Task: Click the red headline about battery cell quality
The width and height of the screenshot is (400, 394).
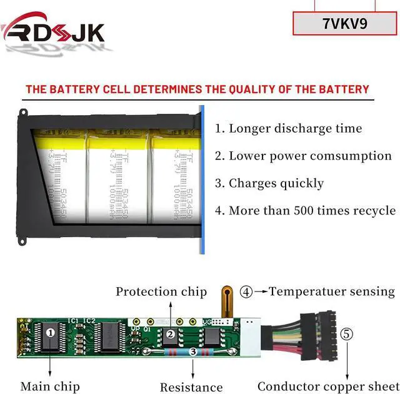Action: point(197,89)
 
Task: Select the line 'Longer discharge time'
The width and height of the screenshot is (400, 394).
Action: point(289,129)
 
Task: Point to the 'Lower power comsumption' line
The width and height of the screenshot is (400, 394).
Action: point(304,156)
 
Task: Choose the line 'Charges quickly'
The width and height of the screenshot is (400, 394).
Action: point(269,183)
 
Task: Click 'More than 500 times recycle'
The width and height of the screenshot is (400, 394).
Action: point(306,211)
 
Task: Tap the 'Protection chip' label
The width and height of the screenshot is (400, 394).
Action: point(161,291)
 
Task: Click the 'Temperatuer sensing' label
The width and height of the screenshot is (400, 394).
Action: point(332,291)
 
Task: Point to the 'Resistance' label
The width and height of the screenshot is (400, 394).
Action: point(191,388)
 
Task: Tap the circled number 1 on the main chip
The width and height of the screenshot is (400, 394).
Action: point(50,332)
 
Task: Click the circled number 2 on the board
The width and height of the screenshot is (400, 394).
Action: point(171,335)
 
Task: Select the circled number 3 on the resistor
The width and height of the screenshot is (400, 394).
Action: point(193,353)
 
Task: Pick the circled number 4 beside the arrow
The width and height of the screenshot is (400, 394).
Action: point(247,291)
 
